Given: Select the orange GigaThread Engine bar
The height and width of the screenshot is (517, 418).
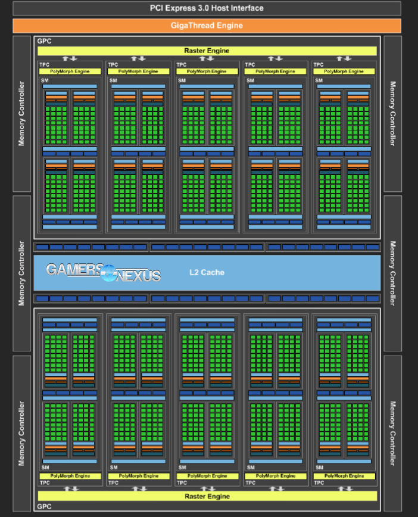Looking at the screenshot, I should (207, 26).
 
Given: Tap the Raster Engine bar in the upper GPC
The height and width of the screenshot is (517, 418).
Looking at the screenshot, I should (207, 51).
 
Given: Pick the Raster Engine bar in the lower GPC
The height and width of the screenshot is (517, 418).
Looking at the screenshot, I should (207, 496).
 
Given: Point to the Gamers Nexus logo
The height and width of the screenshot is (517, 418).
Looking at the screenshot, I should (104, 272).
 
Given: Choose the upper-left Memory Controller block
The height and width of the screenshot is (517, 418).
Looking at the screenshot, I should (22, 113).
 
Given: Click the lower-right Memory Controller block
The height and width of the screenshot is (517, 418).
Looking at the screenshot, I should (392, 433).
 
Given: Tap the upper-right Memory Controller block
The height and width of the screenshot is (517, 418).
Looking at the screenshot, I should (392, 113).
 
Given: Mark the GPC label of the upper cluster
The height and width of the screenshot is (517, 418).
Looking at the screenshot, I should (44, 41).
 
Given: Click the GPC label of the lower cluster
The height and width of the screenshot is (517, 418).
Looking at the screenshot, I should (44, 506).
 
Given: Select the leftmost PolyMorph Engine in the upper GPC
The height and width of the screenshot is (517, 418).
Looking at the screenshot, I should (70, 71).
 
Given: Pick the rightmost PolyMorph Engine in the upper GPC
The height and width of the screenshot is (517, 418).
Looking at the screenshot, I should (344, 71).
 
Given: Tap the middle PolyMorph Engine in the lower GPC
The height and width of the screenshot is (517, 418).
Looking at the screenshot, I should (207, 476).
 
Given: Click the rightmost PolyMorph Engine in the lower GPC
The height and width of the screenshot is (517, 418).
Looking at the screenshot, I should (344, 476).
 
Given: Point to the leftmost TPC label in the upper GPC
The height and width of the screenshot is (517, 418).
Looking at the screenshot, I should (44, 64).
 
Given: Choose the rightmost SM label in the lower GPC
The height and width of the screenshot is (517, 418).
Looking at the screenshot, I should (320, 468).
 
